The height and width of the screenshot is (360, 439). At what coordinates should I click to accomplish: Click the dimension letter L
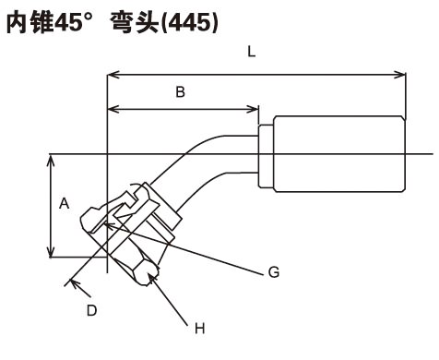click(252, 52)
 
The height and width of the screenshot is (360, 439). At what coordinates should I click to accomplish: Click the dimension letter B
click(181, 91)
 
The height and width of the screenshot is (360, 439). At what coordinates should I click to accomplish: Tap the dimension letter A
click(65, 204)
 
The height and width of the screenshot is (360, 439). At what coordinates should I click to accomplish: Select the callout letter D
click(91, 311)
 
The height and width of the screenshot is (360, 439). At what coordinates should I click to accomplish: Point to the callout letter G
click(274, 272)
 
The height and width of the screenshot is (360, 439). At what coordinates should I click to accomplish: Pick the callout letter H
click(200, 329)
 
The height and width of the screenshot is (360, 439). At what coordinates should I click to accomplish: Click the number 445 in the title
click(189, 23)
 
